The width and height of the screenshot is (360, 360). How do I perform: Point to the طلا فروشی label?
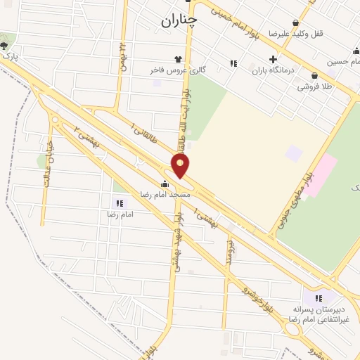coord(311,86)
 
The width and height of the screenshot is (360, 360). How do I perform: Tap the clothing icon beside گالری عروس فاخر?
coord(179,60)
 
